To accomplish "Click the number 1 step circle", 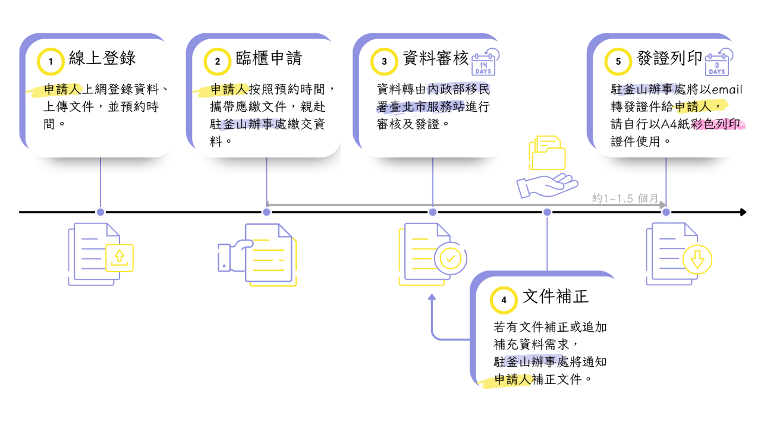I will click(51, 61).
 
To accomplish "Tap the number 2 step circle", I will click(218, 61).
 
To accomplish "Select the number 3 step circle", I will click(384, 61).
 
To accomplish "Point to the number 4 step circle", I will click(504, 300).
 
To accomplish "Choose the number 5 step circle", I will click(618, 61).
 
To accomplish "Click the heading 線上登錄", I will click(102, 58).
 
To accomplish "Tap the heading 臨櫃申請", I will click(269, 58).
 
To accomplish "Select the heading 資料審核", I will click(435, 58).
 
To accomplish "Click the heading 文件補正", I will click(555, 297).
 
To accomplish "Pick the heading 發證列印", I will click(669, 58).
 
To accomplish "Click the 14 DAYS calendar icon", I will click(485, 62).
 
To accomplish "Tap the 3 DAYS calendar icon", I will click(718, 62).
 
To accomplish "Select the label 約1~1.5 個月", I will click(625, 199).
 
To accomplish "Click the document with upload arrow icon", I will click(101, 254).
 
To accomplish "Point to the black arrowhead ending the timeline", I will click(743, 212).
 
